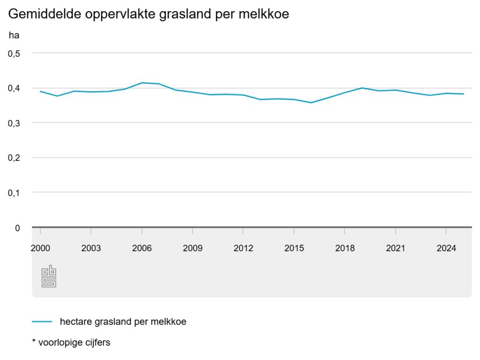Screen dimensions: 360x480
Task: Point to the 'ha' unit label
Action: click(x=14, y=35)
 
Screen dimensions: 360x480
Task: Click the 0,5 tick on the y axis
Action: click(x=15, y=53)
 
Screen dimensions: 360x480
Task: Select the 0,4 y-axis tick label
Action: click(x=15, y=88)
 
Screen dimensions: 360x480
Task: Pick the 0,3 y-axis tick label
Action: click(x=15, y=123)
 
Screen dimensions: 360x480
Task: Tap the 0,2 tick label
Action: click(x=15, y=158)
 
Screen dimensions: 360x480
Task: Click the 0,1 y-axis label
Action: click(x=15, y=193)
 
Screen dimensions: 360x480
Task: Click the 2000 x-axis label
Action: click(x=40, y=248)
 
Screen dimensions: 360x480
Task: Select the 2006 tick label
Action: click(x=142, y=248)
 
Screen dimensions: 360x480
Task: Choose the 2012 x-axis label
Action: click(x=243, y=248)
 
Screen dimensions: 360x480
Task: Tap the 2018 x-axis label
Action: click(x=345, y=248)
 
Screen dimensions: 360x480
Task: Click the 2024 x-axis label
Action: click(x=446, y=248)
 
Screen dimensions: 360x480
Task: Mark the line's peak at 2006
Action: click(x=142, y=83)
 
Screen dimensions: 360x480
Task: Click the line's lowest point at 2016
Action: click(x=311, y=103)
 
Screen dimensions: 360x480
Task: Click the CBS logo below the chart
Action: click(x=49, y=277)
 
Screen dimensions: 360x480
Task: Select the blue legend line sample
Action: click(x=42, y=322)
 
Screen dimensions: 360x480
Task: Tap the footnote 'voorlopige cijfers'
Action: click(x=74, y=343)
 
